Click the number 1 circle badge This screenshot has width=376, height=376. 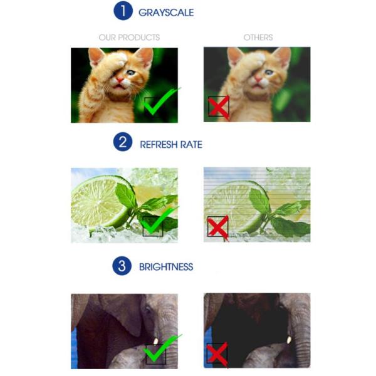123,11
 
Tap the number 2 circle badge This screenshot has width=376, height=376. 123,142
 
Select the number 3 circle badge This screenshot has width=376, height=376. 122,266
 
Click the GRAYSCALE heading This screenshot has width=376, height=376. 166,13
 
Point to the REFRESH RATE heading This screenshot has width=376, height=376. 171,145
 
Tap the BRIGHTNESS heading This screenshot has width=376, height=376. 166,267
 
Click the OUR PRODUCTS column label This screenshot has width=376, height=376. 129,38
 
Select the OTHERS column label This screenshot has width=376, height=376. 258,38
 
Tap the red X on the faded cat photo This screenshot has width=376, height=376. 219,107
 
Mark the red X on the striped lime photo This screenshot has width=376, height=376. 218,228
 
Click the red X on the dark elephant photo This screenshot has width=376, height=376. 217,355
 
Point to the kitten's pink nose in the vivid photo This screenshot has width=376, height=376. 120,79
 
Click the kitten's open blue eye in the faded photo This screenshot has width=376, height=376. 269,72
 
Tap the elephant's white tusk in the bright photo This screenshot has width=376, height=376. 156,341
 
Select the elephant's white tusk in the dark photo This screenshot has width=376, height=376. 289,340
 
